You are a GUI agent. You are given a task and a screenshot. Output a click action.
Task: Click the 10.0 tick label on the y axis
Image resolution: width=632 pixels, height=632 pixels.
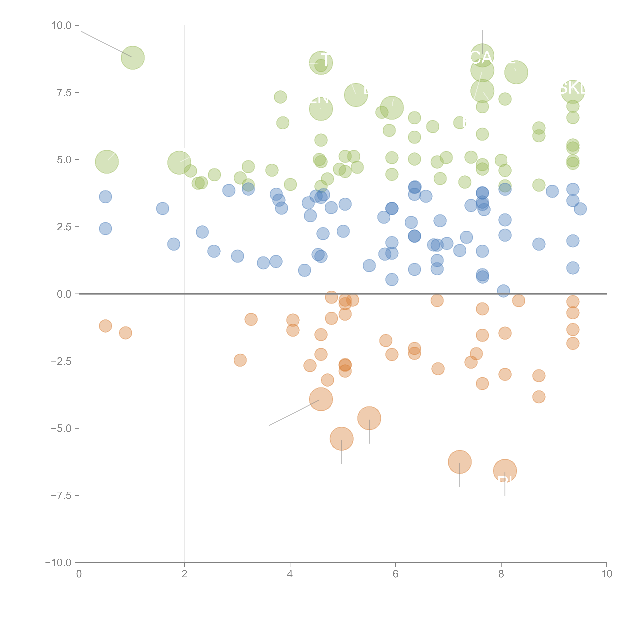click(62, 26)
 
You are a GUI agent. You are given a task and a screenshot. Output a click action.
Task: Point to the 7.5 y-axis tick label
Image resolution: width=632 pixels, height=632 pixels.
click(64, 93)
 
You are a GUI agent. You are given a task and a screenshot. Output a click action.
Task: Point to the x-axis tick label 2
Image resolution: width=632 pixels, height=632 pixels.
click(185, 574)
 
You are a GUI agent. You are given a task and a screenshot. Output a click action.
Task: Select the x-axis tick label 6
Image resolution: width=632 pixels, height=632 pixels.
click(396, 574)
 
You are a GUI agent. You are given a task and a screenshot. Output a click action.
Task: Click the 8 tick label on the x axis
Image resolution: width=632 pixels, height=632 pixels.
click(501, 574)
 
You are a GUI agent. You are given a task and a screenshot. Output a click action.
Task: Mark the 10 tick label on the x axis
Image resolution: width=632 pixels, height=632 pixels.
click(606, 574)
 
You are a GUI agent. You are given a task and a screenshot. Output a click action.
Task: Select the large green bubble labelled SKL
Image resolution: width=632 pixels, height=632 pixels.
click(572, 92)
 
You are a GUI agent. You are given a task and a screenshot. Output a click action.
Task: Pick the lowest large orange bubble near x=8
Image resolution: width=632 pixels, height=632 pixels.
click(505, 471)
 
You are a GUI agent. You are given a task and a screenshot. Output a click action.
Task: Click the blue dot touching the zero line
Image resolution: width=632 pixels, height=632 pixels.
click(503, 290)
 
